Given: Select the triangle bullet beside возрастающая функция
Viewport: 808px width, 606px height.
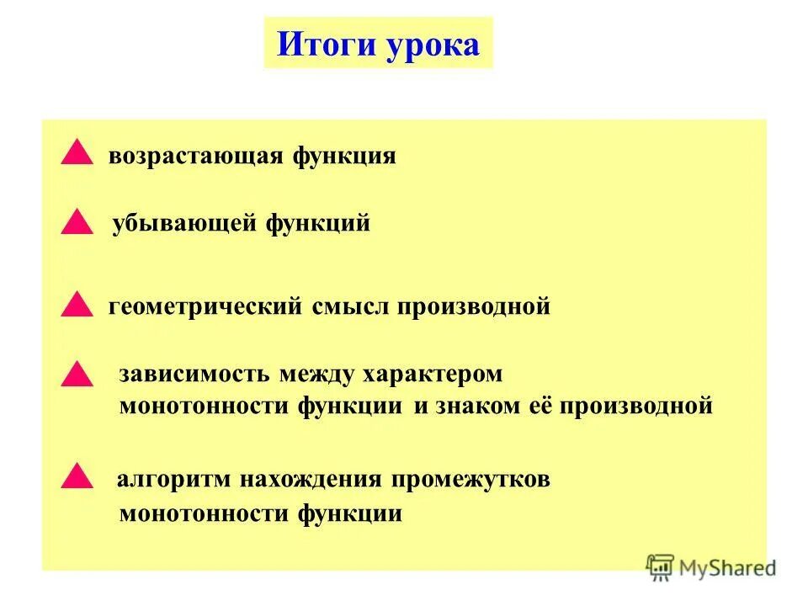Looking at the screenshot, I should pos(77,153).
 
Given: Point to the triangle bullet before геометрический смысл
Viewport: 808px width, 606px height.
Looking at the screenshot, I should pos(77,305).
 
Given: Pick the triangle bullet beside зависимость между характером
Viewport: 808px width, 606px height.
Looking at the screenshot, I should pos(77,374).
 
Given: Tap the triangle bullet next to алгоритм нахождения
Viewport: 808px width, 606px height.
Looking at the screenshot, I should pos(77,476).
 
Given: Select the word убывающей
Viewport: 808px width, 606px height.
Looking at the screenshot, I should pos(186,225).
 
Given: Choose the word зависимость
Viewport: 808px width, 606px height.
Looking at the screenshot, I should pos(194,374).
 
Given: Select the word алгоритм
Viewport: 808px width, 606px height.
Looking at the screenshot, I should pos(175,481).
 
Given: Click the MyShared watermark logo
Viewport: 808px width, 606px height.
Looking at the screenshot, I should pos(711,567).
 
